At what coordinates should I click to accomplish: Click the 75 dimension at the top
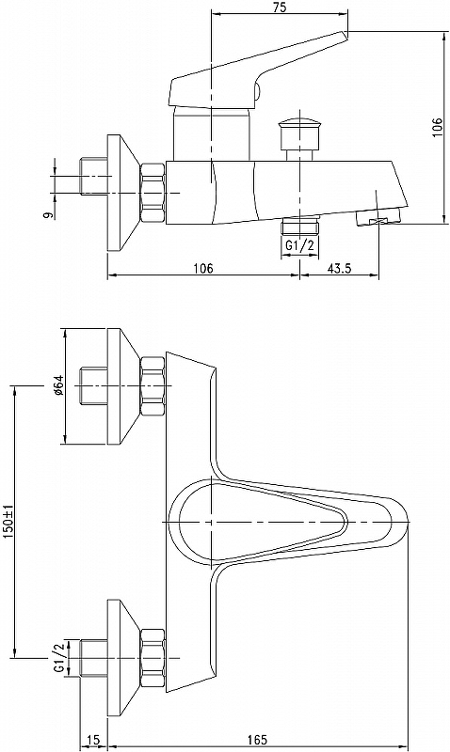tap(279, 8)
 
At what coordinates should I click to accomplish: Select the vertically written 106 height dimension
tap(437, 128)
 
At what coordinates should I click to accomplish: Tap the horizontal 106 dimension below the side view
tap(202, 268)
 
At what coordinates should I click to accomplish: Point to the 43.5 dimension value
tap(340, 268)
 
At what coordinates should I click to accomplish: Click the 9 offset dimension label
tap(48, 215)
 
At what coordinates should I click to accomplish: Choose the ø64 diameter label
tap(58, 385)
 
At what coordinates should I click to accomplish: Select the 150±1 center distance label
tap(9, 522)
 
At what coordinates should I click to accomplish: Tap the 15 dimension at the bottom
tap(94, 740)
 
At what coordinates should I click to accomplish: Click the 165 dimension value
tap(257, 740)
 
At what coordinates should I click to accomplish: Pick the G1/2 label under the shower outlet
tap(299, 245)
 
